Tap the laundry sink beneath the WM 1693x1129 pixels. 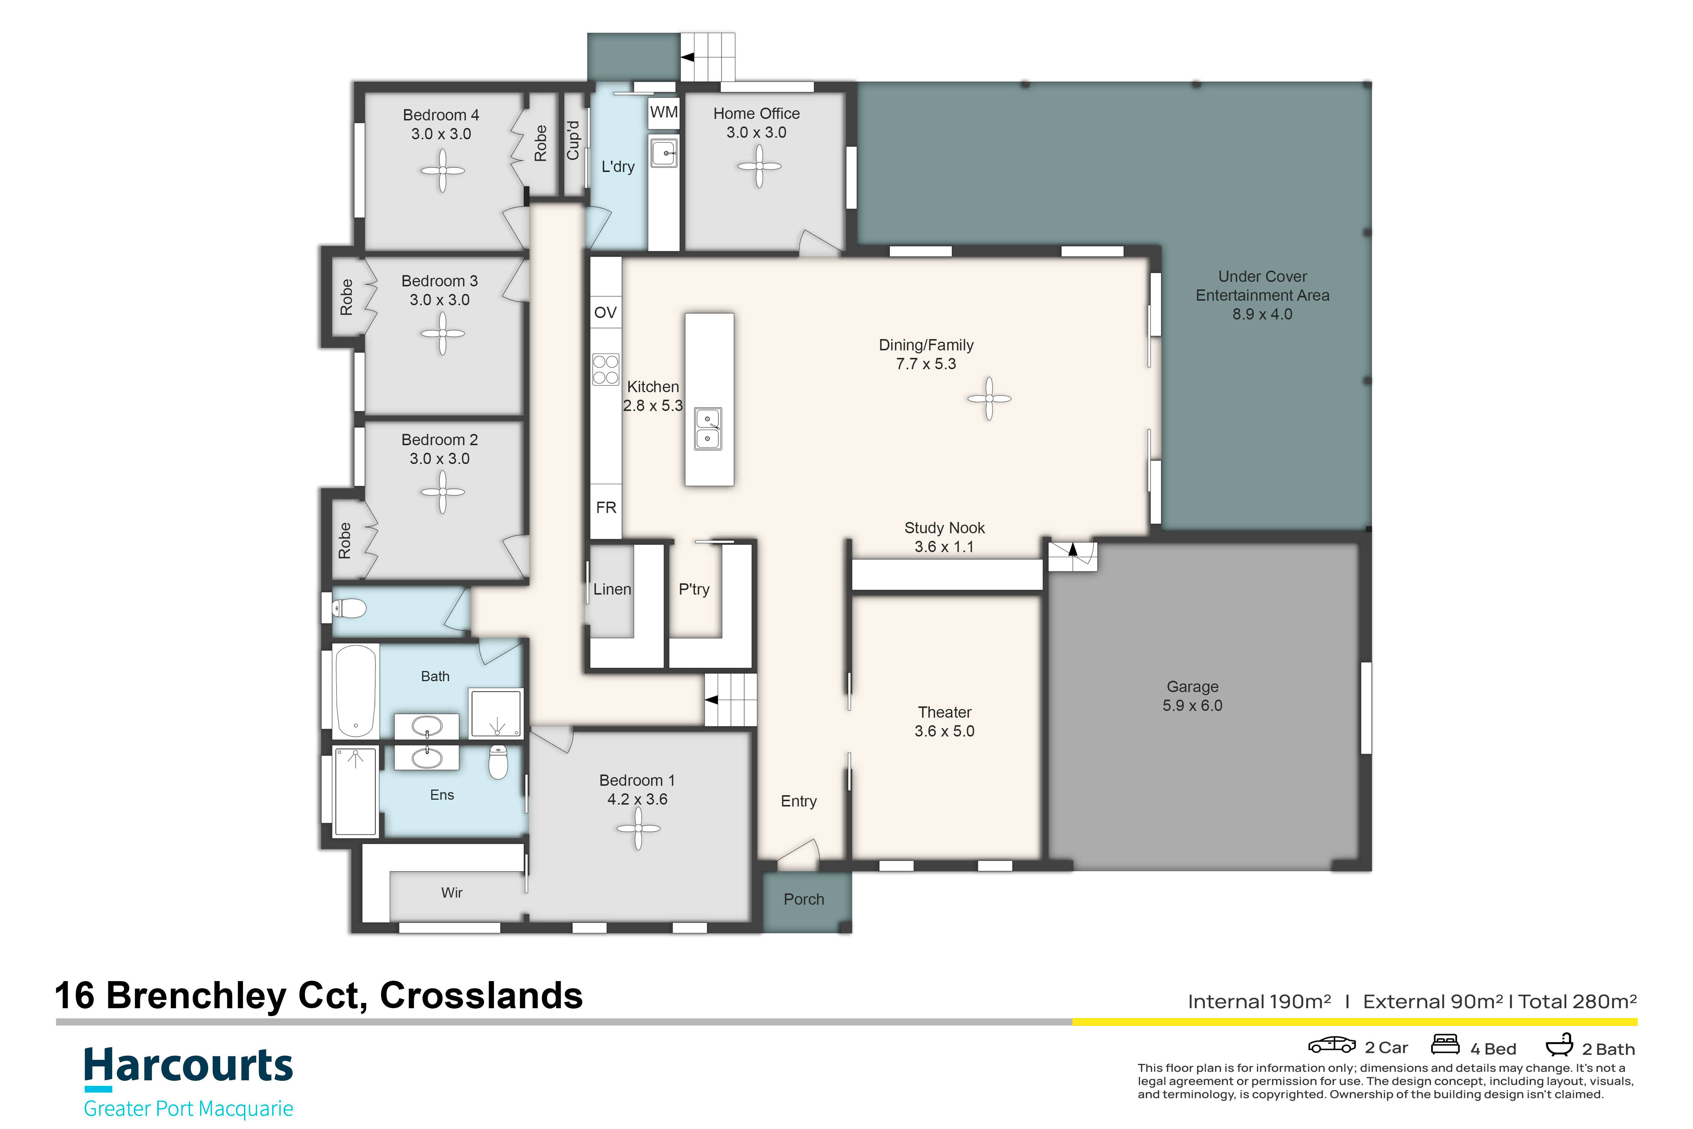click(x=664, y=154)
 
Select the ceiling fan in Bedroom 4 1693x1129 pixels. click(x=442, y=170)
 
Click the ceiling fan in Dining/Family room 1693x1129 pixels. click(x=989, y=398)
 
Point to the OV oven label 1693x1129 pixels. click(x=605, y=312)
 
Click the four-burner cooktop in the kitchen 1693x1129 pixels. click(x=605, y=370)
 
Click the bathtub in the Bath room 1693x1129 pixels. click(x=356, y=691)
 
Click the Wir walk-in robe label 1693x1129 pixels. click(x=451, y=893)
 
